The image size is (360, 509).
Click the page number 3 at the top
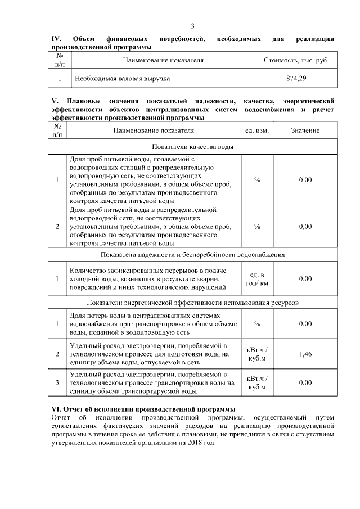(192, 26)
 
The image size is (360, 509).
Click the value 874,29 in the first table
(296, 78)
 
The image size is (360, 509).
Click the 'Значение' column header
(305, 130)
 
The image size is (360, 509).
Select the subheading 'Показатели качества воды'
(192, 147)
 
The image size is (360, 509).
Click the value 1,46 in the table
(305, 354)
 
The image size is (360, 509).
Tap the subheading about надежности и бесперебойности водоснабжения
(192, 254)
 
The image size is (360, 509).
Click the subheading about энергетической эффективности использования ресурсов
(192, 303)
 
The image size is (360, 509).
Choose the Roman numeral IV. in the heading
(56, 38)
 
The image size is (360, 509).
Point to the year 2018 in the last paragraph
(199, 443)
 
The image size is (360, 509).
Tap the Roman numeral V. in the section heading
(55, 101)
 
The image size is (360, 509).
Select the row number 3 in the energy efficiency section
(58, 382)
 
